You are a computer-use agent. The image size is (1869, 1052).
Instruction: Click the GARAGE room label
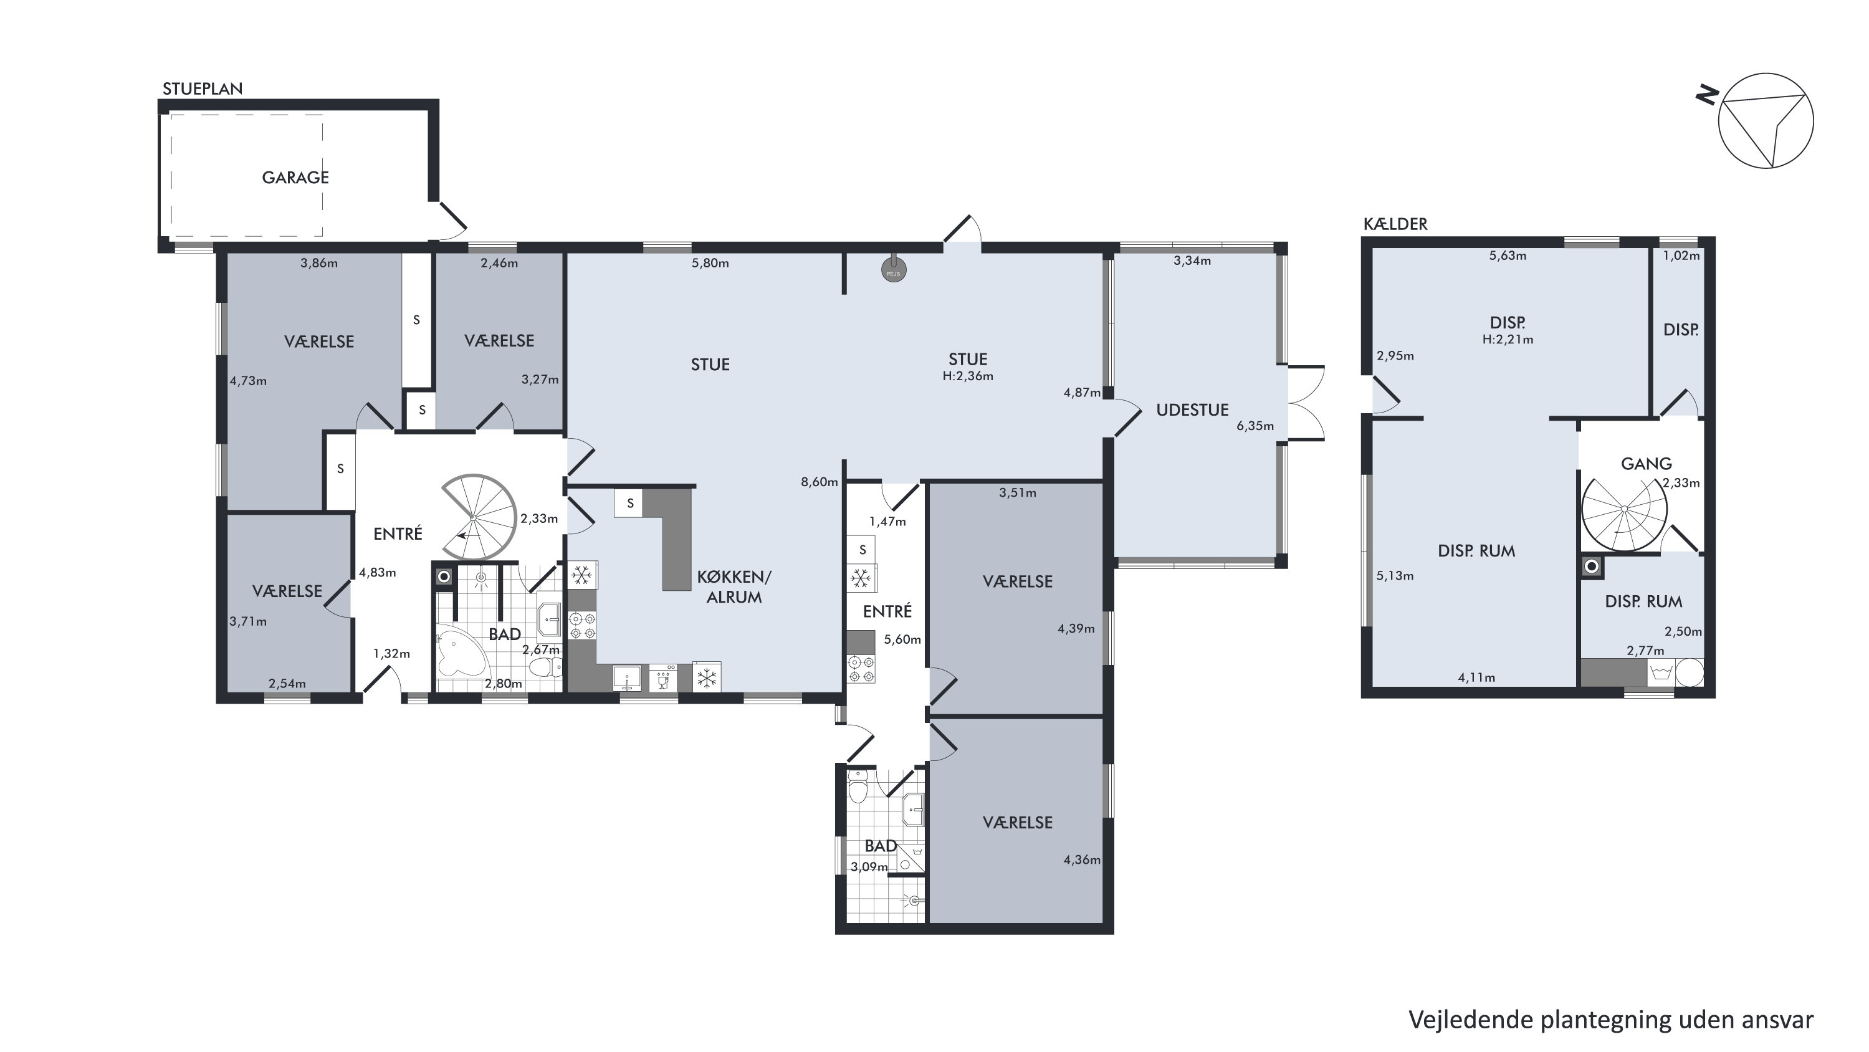[295, 178]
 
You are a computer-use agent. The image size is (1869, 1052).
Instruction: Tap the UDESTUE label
[1192, 410]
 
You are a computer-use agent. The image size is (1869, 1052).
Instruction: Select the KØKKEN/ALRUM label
[734, 587]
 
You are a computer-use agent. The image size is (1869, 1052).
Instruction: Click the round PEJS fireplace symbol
[894, 270]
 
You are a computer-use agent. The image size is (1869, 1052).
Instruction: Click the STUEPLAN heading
[203, 88]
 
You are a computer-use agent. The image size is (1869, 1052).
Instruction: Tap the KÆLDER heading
[1395, 224]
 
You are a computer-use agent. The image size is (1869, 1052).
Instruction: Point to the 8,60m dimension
[819, 482]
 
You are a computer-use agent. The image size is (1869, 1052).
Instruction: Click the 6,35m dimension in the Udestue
[1255, 426]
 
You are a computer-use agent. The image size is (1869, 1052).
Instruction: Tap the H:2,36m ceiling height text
[968, 376]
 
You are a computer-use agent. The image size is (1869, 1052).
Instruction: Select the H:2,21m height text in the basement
[1508, 339]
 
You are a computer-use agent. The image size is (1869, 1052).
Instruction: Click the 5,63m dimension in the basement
[1508, 256]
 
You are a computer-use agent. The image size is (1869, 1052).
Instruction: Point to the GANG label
[1647, 464]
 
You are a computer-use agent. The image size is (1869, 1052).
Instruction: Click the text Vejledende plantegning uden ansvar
[1611, 1020]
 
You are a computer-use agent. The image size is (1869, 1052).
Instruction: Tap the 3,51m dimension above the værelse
[1017, 492]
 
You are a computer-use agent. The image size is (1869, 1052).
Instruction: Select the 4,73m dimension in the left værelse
[248, 381]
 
